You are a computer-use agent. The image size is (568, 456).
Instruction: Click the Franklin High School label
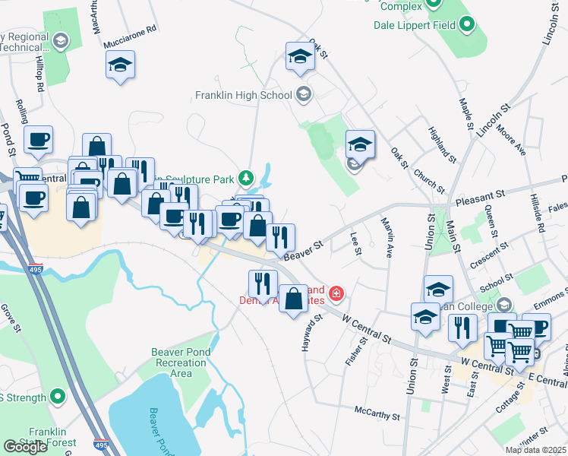point(243,96)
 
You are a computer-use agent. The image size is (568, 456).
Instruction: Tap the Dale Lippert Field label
point(414,25)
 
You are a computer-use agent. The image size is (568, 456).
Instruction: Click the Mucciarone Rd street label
point(131,28)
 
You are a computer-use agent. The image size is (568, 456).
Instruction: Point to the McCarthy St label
point(377,413)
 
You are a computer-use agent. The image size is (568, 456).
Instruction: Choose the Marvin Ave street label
point(387,238)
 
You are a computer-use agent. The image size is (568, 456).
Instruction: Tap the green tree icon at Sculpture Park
point(245,179)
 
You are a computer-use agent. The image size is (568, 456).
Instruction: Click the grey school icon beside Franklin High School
point(304,95)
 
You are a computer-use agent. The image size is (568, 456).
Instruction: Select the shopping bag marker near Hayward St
point(294,298)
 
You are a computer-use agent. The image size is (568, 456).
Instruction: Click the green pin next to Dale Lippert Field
point(469,25)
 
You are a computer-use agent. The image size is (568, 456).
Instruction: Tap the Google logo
point(25,446)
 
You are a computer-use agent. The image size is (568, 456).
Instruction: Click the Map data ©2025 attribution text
point(535,450)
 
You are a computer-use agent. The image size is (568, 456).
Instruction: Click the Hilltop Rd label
point(39,74)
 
